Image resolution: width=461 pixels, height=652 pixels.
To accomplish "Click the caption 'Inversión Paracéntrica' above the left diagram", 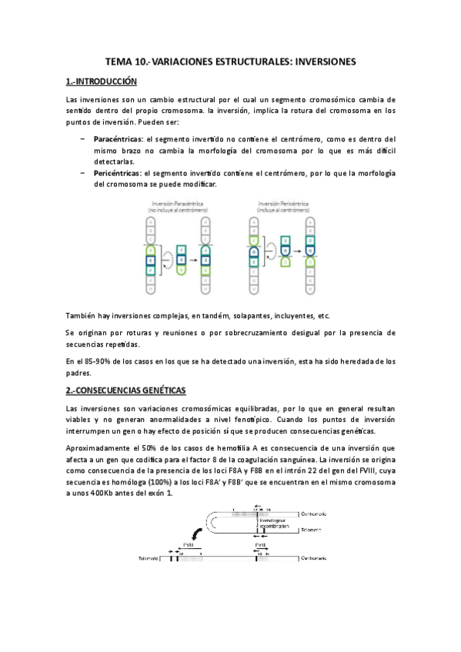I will (x=172, y=203).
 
